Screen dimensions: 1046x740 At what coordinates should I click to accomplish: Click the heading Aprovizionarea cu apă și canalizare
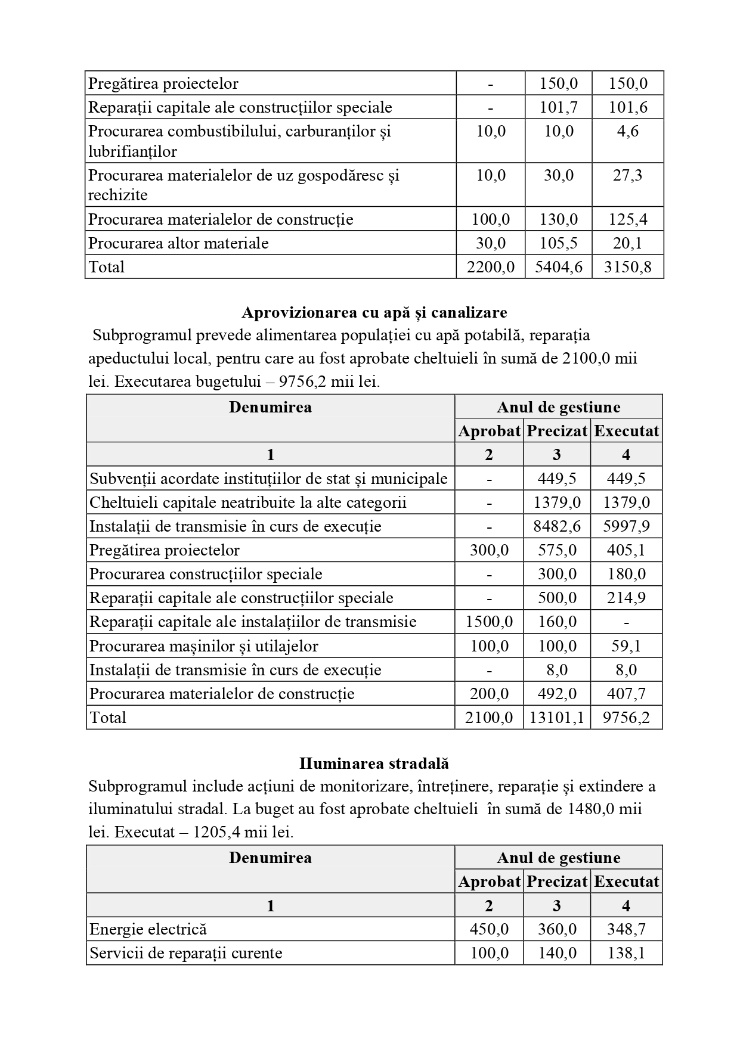(374, 312)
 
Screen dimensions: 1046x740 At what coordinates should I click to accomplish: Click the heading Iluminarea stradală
(374, 763)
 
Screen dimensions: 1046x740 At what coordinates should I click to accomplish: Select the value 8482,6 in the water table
(557, 526)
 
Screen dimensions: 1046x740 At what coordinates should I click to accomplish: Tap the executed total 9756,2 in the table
(626, 717)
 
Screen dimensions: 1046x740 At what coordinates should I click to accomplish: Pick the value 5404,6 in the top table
(559, 266)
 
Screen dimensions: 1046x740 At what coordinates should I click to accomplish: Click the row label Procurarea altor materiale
(178, 243)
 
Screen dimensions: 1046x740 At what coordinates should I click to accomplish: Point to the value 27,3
(627, 175)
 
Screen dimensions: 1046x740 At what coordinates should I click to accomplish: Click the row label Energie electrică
(148, 929)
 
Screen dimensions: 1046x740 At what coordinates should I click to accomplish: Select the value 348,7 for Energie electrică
(626, 929)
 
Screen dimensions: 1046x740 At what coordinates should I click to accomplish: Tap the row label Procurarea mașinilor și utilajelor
(204, 646)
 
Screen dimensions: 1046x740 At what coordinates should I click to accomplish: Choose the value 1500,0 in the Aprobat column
(489, 622)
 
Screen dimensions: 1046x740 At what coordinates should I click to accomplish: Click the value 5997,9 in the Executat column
(626, 526)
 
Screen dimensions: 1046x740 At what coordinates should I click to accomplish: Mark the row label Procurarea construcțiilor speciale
(206, 574)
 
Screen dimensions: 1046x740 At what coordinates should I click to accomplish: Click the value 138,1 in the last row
(626, 953)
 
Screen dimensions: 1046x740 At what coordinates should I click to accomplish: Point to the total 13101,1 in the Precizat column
(557, 717)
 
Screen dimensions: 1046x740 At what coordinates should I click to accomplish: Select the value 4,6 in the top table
(627, 131)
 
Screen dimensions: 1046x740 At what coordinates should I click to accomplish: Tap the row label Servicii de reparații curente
(185, 953)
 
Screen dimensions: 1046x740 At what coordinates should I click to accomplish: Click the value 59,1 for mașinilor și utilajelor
(626, 646)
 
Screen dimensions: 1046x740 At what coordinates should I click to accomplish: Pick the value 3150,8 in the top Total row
(627, 266)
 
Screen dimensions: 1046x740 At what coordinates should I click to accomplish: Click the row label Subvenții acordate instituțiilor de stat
(268, 479)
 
